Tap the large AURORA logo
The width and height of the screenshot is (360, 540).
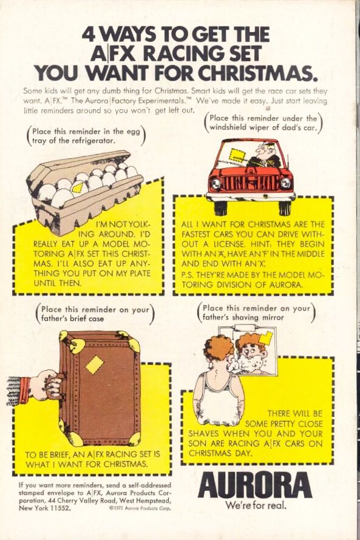tap(256, 485)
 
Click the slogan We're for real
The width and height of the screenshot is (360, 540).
tap(256, 505)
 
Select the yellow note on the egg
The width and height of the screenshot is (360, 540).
tap(78, 188)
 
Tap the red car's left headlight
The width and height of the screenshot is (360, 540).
tap(216, 182)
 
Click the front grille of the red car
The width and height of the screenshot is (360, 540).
tap(250, 183)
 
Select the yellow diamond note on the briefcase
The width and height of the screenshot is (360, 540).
tap(95, 365)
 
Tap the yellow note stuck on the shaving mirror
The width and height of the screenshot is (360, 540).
tap(265, 339)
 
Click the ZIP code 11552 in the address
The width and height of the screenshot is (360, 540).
tap(61, 508)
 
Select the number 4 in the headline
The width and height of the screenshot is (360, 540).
tap(90, 35)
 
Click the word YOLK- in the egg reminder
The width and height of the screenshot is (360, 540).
tap(139, 224)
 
